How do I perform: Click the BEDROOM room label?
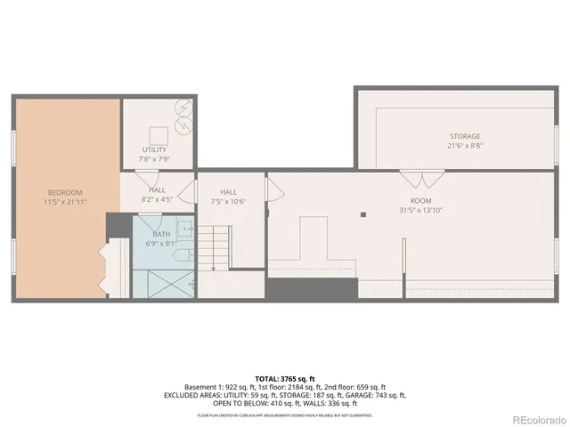[65, 192]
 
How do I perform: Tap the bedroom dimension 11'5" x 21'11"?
[65, 202]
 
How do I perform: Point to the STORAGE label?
[464, 136]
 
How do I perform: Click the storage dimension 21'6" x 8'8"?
[464, 146]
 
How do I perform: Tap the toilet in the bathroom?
[183, 256]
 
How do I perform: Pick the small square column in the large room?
[363, 214]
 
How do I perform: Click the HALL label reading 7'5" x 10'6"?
[229, 197]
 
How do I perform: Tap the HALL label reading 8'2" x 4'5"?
[157, 195]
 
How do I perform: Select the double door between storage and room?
[432, 177]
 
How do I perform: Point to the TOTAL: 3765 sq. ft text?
[284, 378]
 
